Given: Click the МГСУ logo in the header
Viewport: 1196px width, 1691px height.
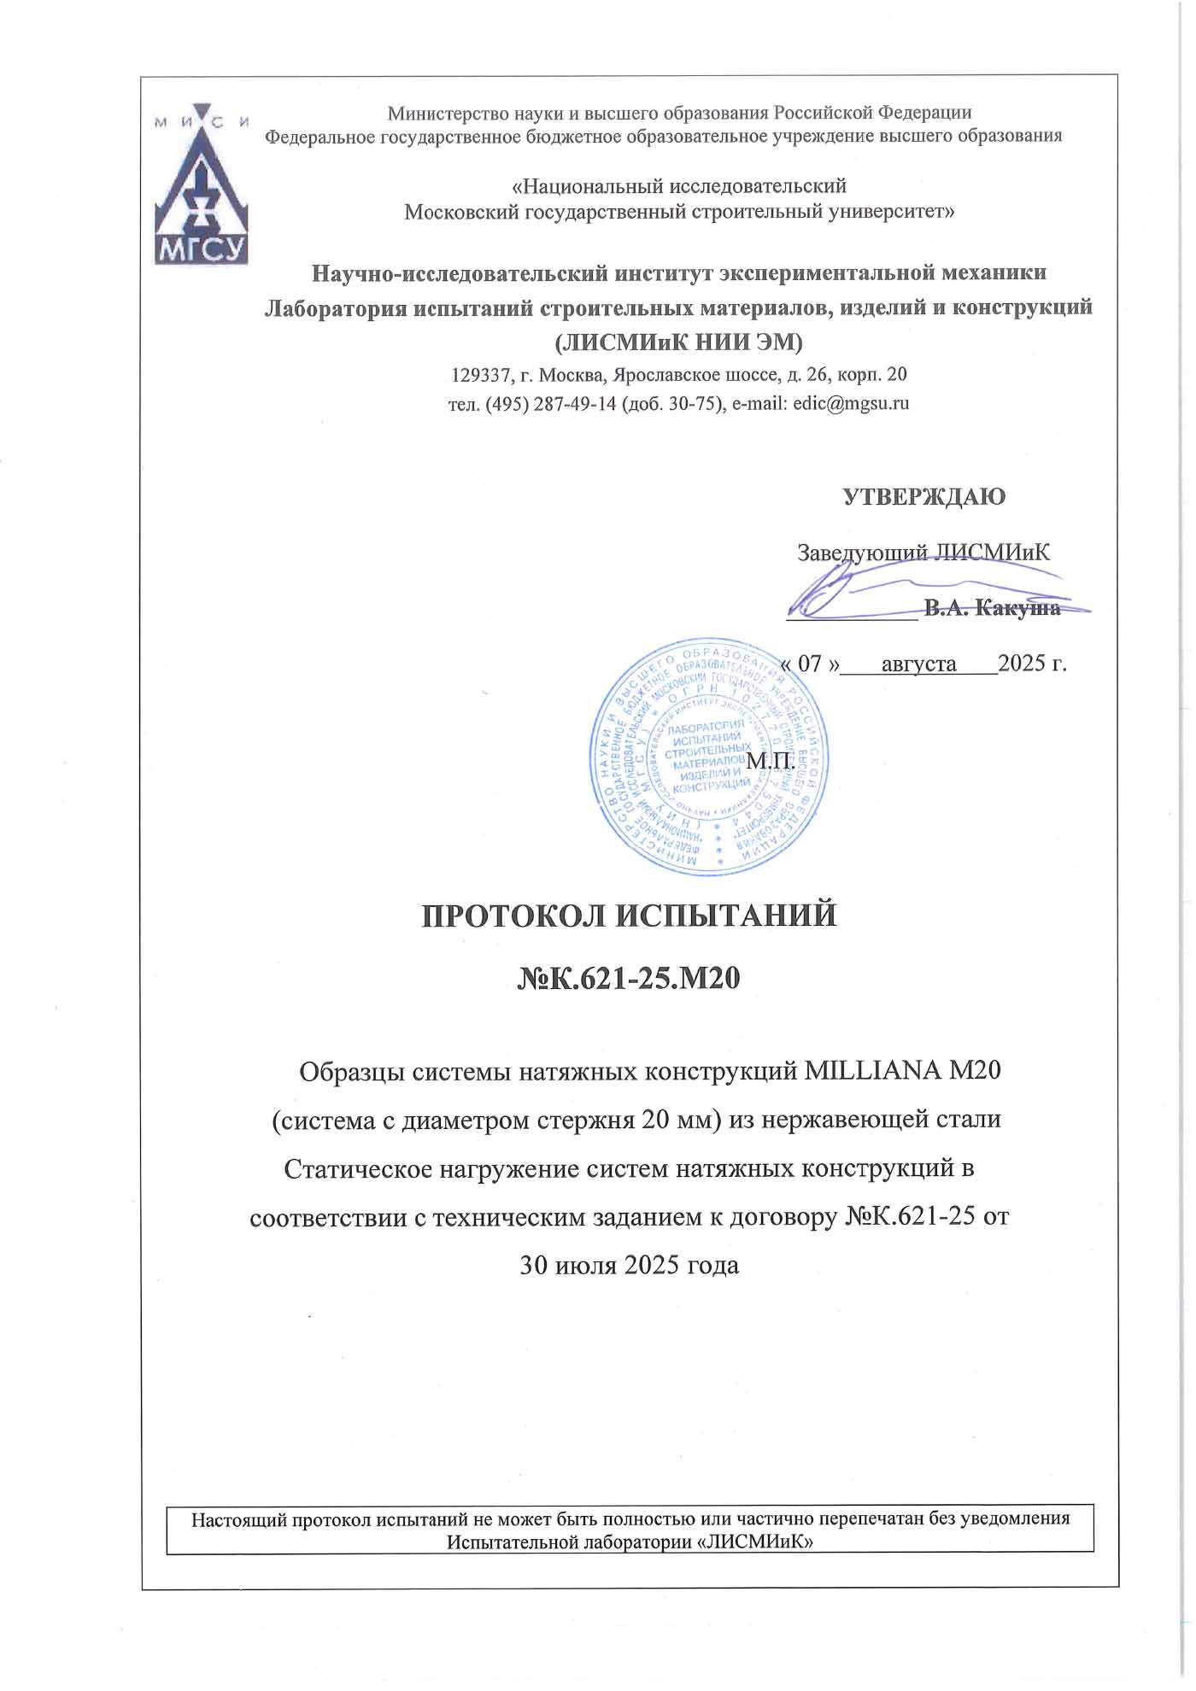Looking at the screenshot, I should [201, 184].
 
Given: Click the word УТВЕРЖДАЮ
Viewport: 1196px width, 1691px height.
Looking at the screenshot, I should [924, 497].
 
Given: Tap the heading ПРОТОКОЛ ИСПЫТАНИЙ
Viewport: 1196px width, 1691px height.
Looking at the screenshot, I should [630, 916].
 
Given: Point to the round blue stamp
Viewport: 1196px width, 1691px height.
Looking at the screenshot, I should [708, 755].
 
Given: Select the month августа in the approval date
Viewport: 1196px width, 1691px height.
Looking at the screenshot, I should [918, 664].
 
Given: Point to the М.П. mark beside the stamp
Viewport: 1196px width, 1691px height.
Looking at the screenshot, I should [771, 760].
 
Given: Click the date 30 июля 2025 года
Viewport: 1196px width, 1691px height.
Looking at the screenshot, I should [630, 1265].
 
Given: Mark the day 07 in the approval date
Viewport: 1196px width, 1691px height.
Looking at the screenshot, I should [809, 664].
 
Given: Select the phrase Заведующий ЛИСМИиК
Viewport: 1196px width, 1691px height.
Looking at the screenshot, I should [923, 553].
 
